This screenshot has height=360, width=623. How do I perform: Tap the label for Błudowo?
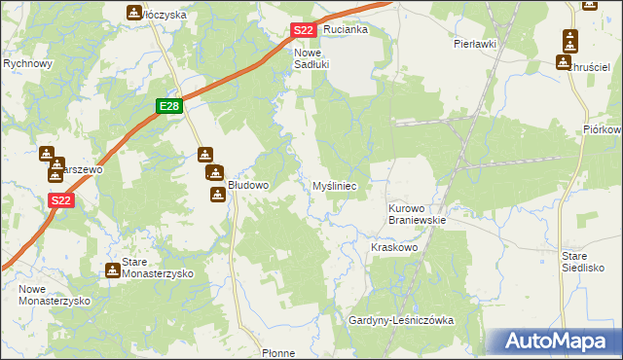point(248,184)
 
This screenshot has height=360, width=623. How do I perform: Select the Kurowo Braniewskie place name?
point(417,214)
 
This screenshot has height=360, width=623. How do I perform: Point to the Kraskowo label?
point(394,248)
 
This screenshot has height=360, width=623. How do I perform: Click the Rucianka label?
point(346,29)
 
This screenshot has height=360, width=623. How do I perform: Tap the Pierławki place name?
point(475,44)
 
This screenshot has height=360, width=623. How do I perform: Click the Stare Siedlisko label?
point(584,261)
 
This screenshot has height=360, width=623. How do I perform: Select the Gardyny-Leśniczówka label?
point(402,320)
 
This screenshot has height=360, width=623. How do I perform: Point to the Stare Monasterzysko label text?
point(156,269)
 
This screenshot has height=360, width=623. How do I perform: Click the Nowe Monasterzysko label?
point(54,295)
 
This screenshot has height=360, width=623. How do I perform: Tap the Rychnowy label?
point(27,63)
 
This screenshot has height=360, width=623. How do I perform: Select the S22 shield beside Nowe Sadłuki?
point(303,31)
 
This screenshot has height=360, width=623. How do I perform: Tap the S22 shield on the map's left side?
point(60,200)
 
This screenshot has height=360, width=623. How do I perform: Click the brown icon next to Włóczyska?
point(133,13)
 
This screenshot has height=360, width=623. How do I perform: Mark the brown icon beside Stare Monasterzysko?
point(112,269)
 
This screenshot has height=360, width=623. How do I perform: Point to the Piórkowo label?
point(604,129)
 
